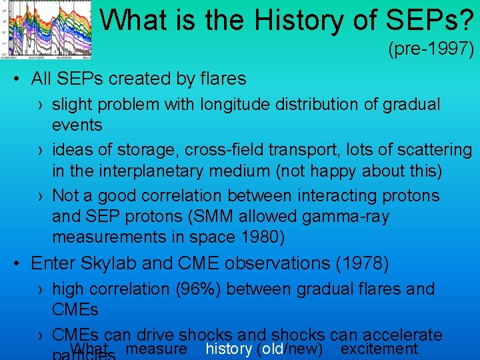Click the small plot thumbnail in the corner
tap(47, 29)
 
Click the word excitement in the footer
tap(379, 349)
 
